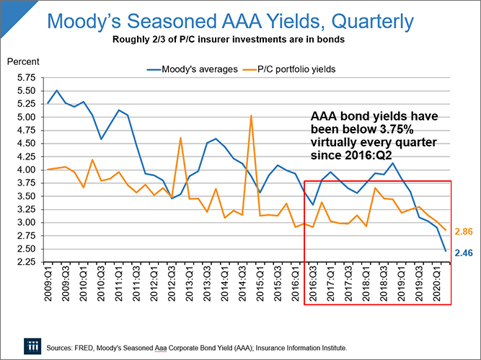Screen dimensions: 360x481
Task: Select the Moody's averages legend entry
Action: pyautogui.click(x=190, y=69)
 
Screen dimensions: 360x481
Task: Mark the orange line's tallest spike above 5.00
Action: pyautogui.click(x=251, y=116)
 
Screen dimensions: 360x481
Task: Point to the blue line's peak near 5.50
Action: pyautogui.click(x=57, y=91)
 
